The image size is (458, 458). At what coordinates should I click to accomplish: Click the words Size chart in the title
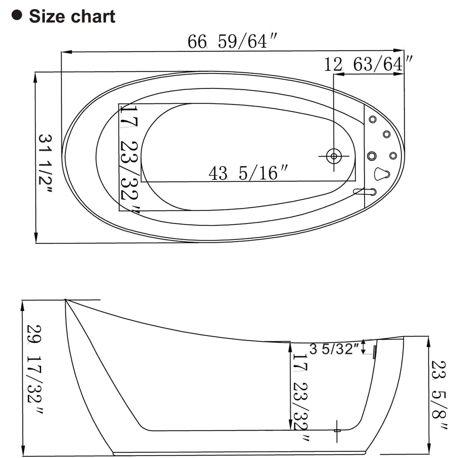pyautogui.click(x=72, y=16)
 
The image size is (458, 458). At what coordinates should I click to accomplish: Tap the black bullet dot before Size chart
pyautogui.click(x=16, y=15)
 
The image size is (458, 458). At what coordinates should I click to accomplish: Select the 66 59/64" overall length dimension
pyautogui.click(x=232, y=42)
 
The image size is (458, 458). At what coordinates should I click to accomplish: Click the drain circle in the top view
pyautogui.click(x=333, y=156)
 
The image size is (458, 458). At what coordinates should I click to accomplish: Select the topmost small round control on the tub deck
pyautogui.click(x=372, y=119)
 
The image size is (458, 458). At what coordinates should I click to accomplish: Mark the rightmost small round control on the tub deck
pyautogui.click(x=393, y=156)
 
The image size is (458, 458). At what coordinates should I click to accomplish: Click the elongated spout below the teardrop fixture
pyautogui.click(x=364, y=191)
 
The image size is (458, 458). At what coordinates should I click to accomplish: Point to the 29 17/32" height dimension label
pyautogui.click(x=34, y=368)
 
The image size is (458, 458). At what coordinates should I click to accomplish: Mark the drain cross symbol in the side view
pyautogui.click(x=337, y=430)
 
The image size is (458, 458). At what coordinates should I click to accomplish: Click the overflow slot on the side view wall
pyautogui.click(x=375, y=352)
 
